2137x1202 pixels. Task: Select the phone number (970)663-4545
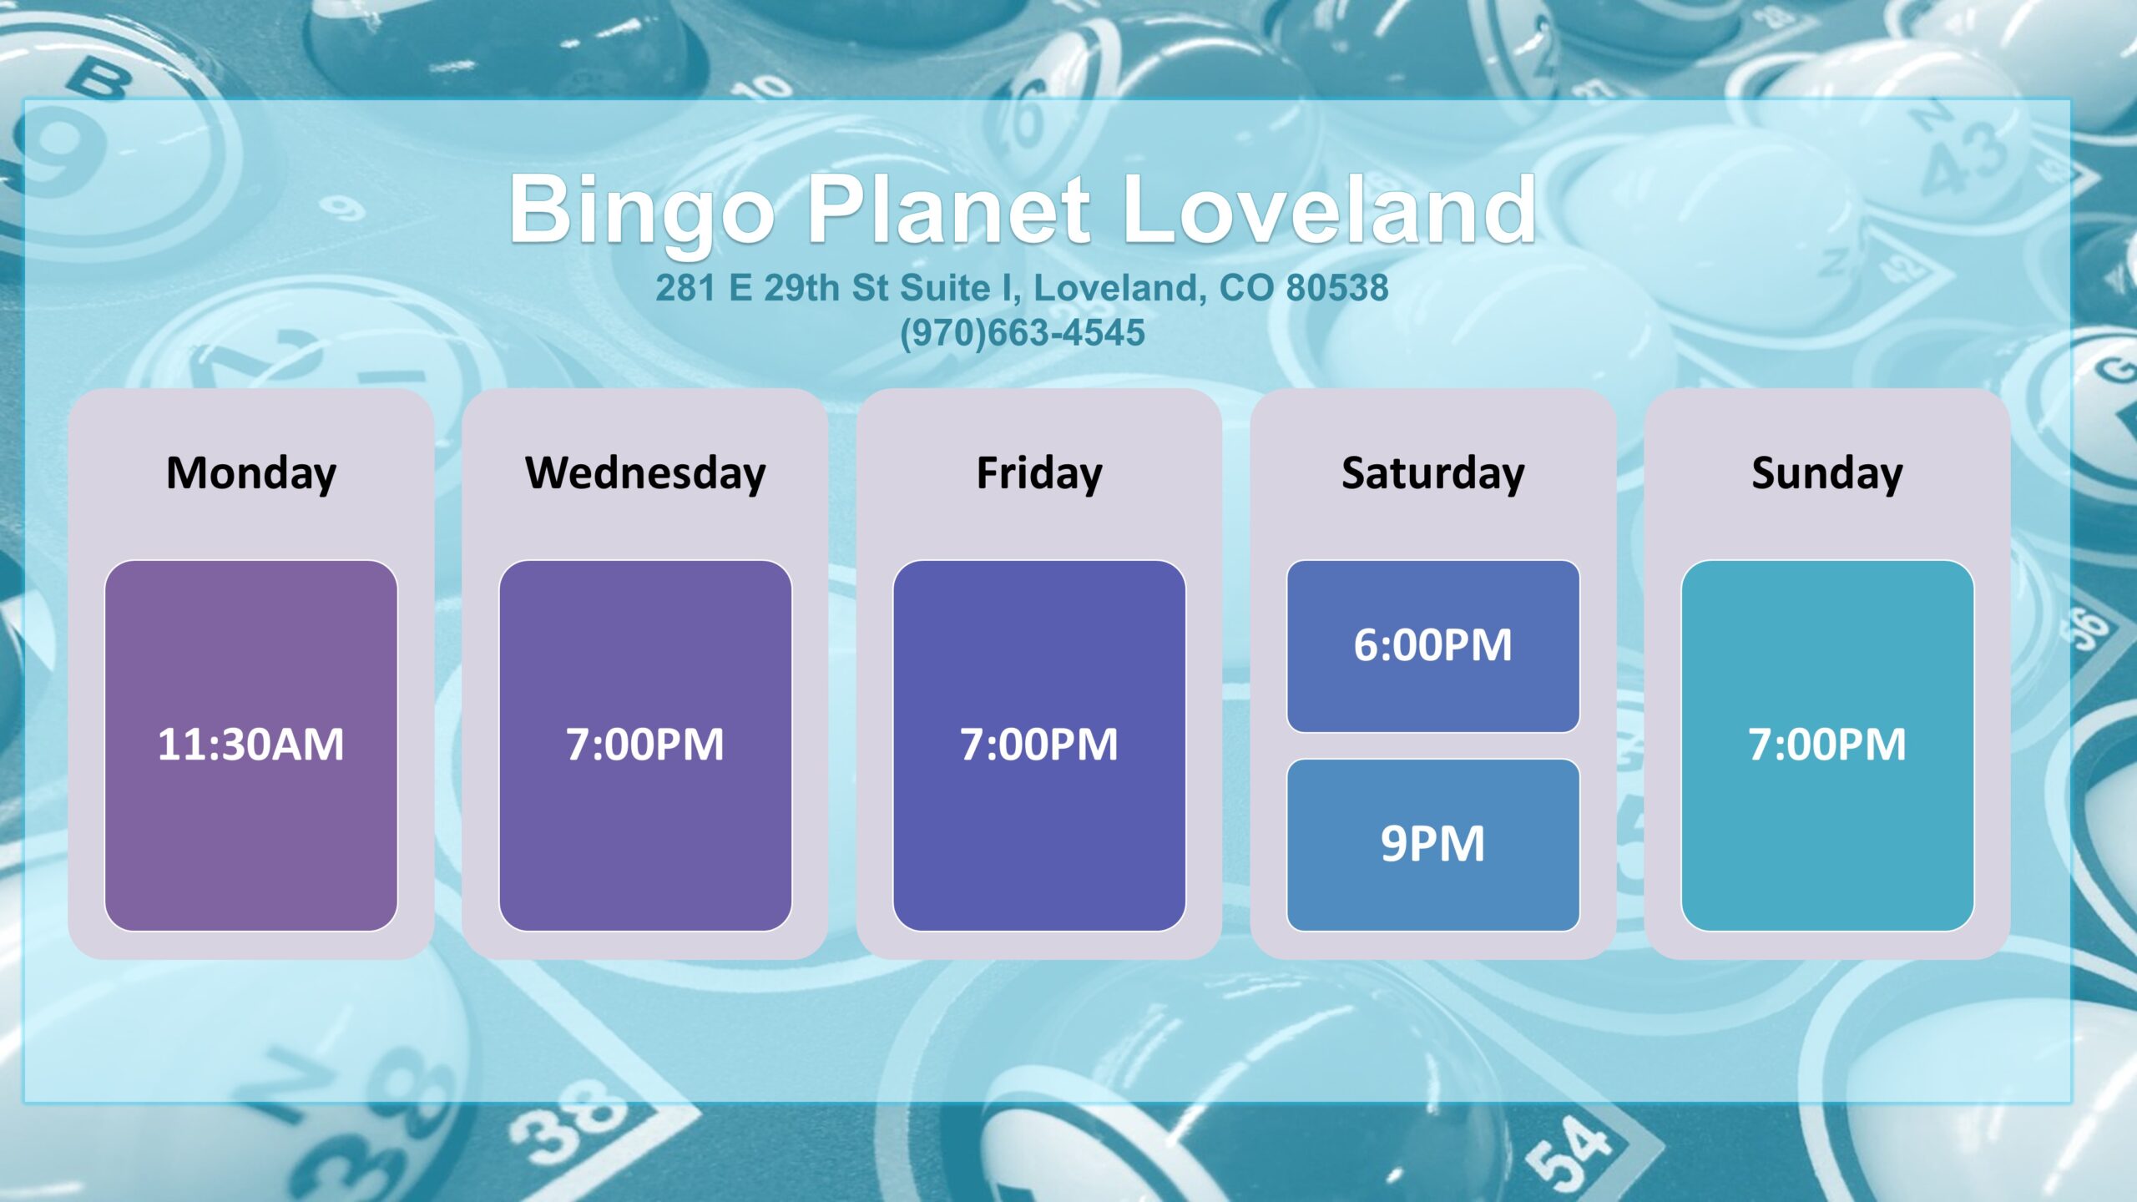pos(1023,332)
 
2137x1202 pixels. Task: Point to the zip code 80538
pos(1337,287)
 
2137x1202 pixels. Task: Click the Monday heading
pos(251,474)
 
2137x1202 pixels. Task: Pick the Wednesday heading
pos(645,474)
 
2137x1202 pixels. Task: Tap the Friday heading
pos(1039,474)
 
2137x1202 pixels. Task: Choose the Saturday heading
pos(1433,474)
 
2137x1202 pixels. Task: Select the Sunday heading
pos(1827,474)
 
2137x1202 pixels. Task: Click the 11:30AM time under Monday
pos(250,745)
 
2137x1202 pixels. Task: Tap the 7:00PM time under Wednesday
pos(645,745)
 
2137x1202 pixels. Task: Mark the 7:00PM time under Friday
pos(1039,745)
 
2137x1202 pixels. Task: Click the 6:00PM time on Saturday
pos(1433,645)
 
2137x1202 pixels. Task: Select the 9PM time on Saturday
pos(1433,844)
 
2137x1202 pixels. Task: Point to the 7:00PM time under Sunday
pos(1827,745)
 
